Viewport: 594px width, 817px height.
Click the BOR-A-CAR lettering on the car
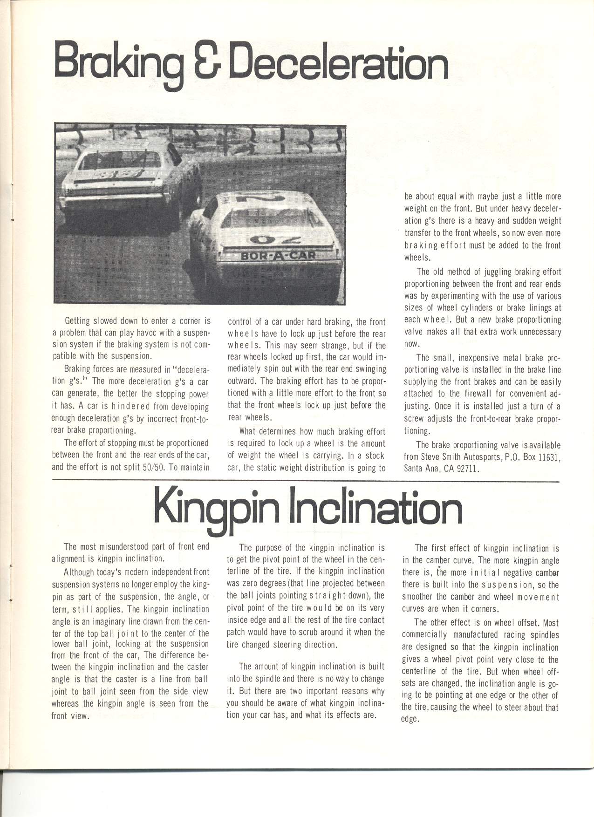coord(278,255)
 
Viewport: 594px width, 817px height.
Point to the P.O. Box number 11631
coord(549,457)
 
